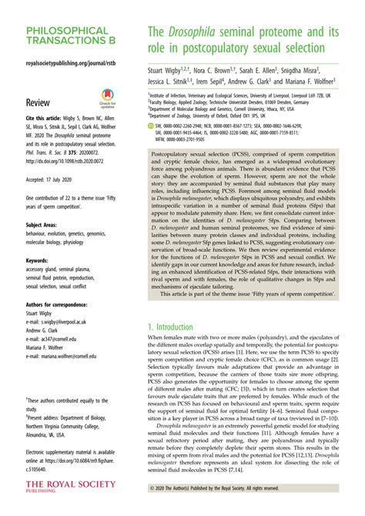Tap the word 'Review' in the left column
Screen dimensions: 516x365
coord(39,102)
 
